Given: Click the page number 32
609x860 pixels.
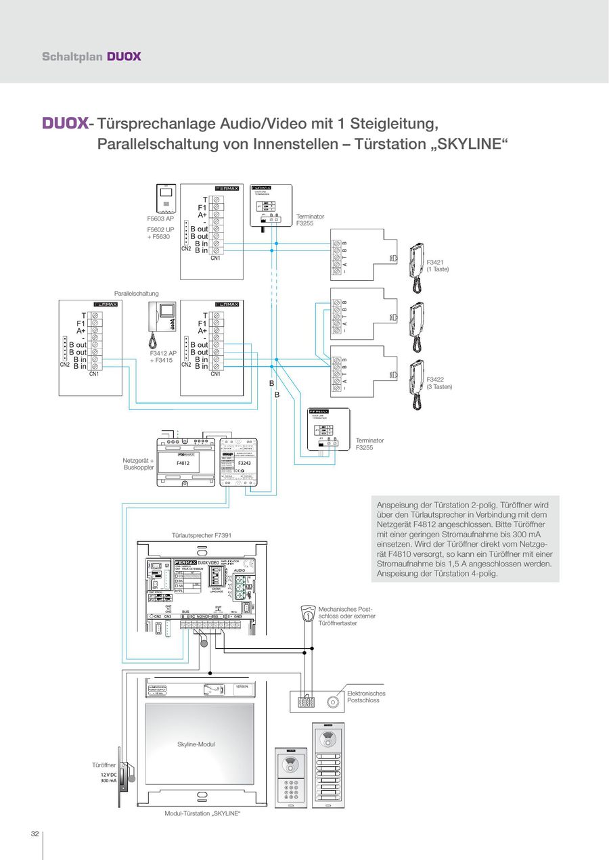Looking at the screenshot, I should [35, 833].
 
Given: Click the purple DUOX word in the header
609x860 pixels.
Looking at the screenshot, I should [124, 56].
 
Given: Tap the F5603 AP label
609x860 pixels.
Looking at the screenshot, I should [161, 219].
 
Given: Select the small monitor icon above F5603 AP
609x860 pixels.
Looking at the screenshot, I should [166, 198].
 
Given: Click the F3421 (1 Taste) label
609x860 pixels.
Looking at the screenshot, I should [438, 265].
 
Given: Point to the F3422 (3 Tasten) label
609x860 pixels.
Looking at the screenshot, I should [439, 382].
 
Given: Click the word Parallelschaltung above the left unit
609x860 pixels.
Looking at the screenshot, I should [136, 294].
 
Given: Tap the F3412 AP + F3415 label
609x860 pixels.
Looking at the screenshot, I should [163, 357].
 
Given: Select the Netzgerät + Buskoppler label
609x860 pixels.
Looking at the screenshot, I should [139, 463].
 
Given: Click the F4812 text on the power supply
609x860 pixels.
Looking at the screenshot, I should [183, 464].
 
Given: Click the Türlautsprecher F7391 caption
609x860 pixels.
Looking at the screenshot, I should [203, 535].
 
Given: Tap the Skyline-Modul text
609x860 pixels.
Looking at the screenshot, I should [196, 744].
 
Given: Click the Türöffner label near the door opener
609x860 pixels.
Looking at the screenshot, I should [104, 765].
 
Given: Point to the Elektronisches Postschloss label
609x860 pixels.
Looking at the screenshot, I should [366, 697].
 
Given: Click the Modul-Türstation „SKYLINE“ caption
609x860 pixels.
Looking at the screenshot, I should [202, 813].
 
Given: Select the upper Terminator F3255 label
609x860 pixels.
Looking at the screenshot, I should [310, 219].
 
